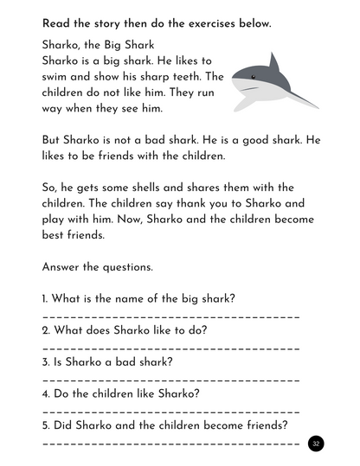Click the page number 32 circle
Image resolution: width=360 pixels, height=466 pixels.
316,444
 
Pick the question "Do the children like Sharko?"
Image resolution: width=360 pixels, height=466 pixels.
121,393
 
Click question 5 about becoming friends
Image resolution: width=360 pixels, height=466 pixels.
164,425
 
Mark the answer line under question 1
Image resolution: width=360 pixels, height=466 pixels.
170,316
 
